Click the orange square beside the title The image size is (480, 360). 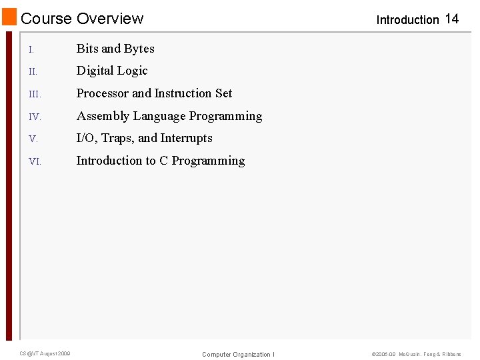[x=9, y=17]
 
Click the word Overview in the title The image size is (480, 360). [x=110, y=19]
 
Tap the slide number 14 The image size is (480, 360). [x=451, y=19]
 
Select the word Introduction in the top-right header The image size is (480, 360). [x=407, y=20]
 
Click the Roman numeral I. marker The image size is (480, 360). [x=31, y=49]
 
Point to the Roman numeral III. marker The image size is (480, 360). [x=35, y=94]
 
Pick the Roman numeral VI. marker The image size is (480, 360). [x=35, y=161]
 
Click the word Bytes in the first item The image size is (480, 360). [x=139, y=49]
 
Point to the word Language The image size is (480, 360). [x=159, y=116]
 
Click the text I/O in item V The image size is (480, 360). [x=86, y=138]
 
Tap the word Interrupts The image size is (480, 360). [x=186, y=138]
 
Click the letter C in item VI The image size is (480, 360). [x=163, y=161]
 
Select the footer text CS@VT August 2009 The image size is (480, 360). [x=45, y=353]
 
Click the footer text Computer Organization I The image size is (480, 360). [x=238, y=354]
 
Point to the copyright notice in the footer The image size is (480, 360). [x=416, y=354]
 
